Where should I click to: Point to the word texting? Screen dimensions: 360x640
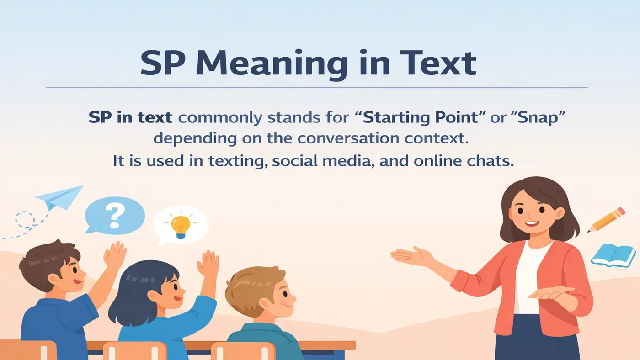(238, 161)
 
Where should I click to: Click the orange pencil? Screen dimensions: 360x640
(607, 219)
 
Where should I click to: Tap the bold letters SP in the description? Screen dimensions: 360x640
(99, 117)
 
